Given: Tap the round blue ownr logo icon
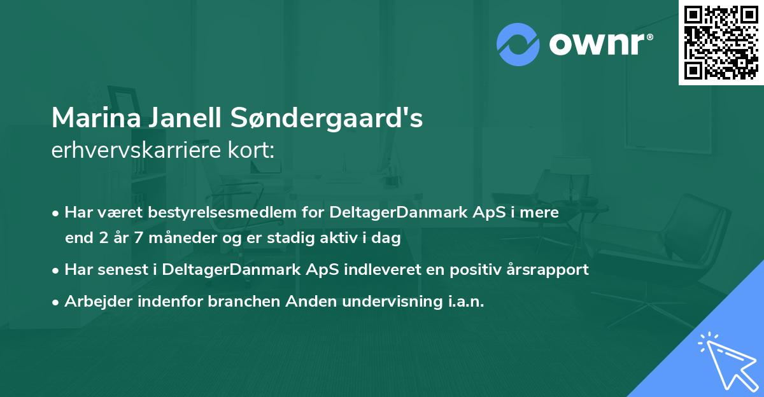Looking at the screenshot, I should pyautogui.click(x=518, y=45).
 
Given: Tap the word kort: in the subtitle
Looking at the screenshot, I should pyautogui.click(x=253, y=150).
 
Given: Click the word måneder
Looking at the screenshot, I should pyautogui.click(x=185, y=239).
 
